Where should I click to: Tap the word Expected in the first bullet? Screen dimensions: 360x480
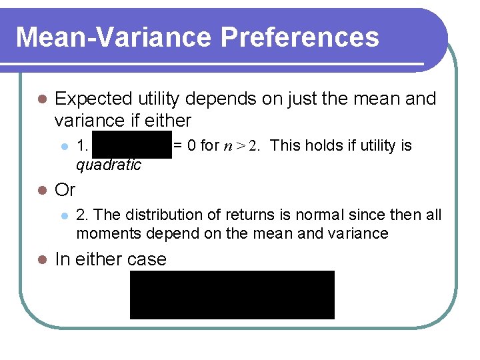[x=94, y=99]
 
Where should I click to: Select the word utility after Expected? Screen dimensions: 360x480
[x=161, y=99]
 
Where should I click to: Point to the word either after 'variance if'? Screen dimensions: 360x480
[x=169, y=121]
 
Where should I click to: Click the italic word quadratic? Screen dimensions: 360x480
[x=109, y=165]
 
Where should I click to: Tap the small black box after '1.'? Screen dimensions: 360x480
[x=132, y=145]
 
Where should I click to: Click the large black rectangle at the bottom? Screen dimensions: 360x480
[x=232, y=295]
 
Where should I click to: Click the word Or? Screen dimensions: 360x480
[x=65, y=190]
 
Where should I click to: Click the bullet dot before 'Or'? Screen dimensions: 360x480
[x=41, y=191]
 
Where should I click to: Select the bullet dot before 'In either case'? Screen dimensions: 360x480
[x=41, y=259]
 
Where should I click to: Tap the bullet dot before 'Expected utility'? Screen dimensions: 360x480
[x=41, y=99]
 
